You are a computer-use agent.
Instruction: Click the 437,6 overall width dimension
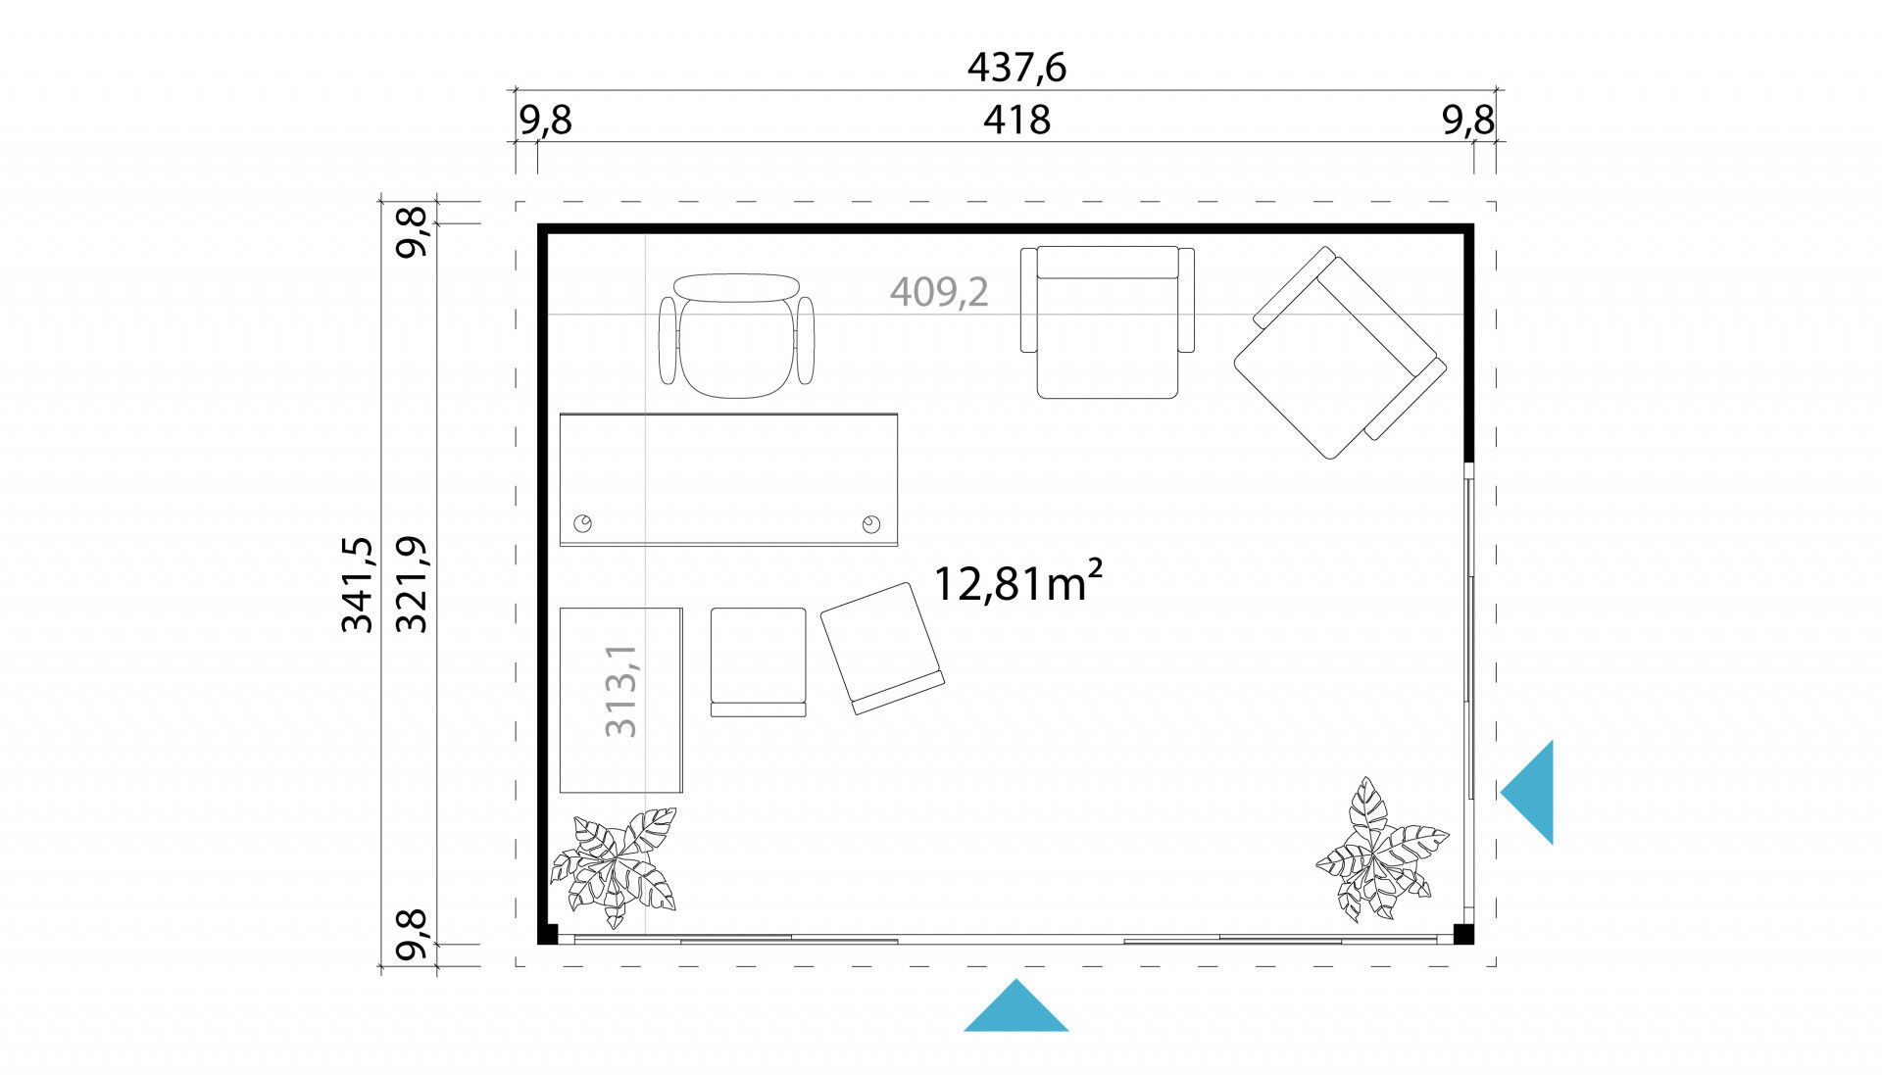(1016, 68)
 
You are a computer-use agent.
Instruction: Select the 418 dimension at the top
(1016, 120)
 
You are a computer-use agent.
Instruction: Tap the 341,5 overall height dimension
(358, 584)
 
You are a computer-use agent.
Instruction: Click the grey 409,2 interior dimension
(939, 291)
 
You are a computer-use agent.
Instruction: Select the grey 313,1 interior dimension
(621, 691)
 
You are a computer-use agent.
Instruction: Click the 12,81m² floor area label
(1017, 582)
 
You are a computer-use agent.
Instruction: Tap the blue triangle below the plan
(1016, 1005)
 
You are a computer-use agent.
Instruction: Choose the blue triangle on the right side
(1527, 792)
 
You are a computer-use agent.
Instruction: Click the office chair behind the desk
(737, 335)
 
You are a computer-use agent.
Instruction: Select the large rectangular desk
(728, 479)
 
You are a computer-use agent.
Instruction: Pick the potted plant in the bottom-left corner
(614, 866)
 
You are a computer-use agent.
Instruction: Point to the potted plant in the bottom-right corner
(1381, 850)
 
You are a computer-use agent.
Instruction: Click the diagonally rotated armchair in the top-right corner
(1340, 353)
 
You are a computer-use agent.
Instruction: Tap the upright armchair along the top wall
(1108, 322)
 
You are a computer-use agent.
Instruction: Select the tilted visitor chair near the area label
(882, 648)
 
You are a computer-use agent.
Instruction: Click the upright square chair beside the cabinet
(758, 662)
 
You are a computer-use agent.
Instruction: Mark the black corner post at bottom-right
(1463, 934)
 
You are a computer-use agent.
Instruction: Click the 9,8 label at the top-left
(545, 120)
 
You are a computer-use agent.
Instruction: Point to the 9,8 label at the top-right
(1468, 120)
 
